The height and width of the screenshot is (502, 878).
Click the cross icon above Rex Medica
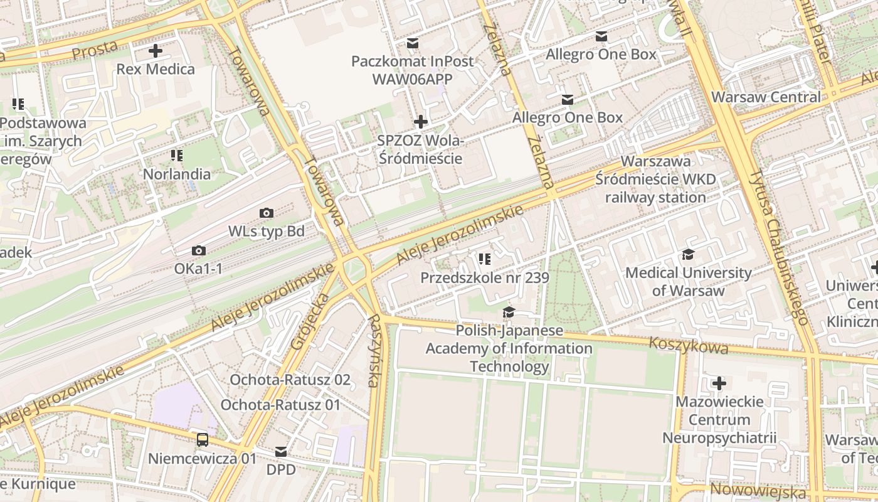[x=156, y=51]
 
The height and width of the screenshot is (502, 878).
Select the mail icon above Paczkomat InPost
[x=412, y=43]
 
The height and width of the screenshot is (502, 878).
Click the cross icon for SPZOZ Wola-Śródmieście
[x=421, y=121]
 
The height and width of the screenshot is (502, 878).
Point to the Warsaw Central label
[x=766, y=97]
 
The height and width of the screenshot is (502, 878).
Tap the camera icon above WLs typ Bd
[x=266, y=213]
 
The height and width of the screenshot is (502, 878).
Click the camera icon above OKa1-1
[x=199, y=251]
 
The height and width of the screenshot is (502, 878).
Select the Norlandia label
[x=177, y=174]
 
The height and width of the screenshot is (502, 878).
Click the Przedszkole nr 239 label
[x=484, y=277]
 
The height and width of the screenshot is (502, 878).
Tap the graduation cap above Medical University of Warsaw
[x=688, y=254]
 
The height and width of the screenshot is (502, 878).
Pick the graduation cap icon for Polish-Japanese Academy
[x=509, y=312]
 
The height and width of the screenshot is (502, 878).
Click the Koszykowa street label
[x=689, y=345]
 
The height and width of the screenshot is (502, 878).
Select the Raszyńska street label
[x=375, y=350]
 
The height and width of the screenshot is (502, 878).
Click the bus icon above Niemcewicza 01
[x=203, y=440]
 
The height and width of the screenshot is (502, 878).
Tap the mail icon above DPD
[x=281, y=452]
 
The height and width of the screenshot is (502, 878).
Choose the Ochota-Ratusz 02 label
[x=290, y=380]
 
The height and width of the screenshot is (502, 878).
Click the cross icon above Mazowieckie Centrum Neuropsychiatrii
[x=719, y=383]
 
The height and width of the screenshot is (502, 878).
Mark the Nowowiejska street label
[x=758, y=490]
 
